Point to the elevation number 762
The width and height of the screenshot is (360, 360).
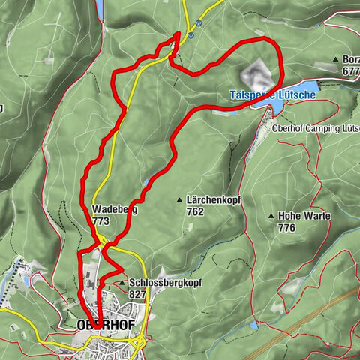195,211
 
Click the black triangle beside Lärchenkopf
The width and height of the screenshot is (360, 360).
178,200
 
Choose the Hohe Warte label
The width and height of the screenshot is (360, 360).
303,216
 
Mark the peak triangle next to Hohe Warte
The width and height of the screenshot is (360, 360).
271,216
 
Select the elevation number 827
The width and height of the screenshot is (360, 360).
138,294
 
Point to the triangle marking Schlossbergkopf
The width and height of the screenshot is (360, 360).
121,283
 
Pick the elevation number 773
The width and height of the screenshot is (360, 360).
102,222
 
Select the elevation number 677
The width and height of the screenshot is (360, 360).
350,70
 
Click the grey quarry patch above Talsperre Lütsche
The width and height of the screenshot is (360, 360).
255,73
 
